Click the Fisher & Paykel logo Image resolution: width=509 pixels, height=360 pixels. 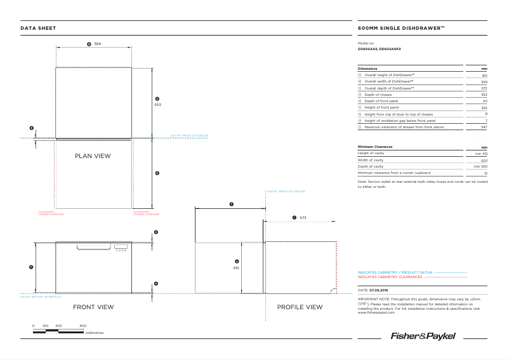pyautogui.click(x=439, y=336)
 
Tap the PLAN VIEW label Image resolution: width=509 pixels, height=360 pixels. pyautogui.click(x=93, y=156)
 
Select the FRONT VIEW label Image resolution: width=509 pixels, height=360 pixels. pyautogui.click(x=93, y=307)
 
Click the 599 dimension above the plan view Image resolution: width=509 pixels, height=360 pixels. pyautogui.click(x=98, y=44)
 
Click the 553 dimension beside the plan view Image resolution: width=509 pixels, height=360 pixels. pyautogui.click(x=157, y=105)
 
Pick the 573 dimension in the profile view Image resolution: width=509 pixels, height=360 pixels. pyautogui.click(x=303, y=218)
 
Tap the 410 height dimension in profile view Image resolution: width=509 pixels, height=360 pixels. pyautogui.click(x=236, y=268)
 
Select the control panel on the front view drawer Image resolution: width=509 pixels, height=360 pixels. pyautogui.click(x=121, y=248)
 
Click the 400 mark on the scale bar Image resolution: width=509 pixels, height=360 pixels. pyautogui.click(x=83, y=326)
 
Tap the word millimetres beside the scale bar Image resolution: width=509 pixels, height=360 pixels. pyautogui.click(x=94, y=332)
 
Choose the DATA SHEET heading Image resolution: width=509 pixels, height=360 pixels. pyautogui.click(x=38, y=28)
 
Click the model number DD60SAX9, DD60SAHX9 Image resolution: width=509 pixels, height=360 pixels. pyautogui.click(x=380, y=49)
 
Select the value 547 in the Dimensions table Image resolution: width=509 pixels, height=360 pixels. pyautogui.click(x=484, y=128)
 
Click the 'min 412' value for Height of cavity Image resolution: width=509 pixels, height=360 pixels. pyautogui.click(x=481, y=154)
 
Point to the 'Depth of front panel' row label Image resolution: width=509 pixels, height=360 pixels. pyautogui.click(x=381, y=101)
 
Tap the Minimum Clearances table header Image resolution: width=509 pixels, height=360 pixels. pyautogui.click(x=375, y=147)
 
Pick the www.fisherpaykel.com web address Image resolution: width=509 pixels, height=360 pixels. pyautogui.click(x=377, y=312)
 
